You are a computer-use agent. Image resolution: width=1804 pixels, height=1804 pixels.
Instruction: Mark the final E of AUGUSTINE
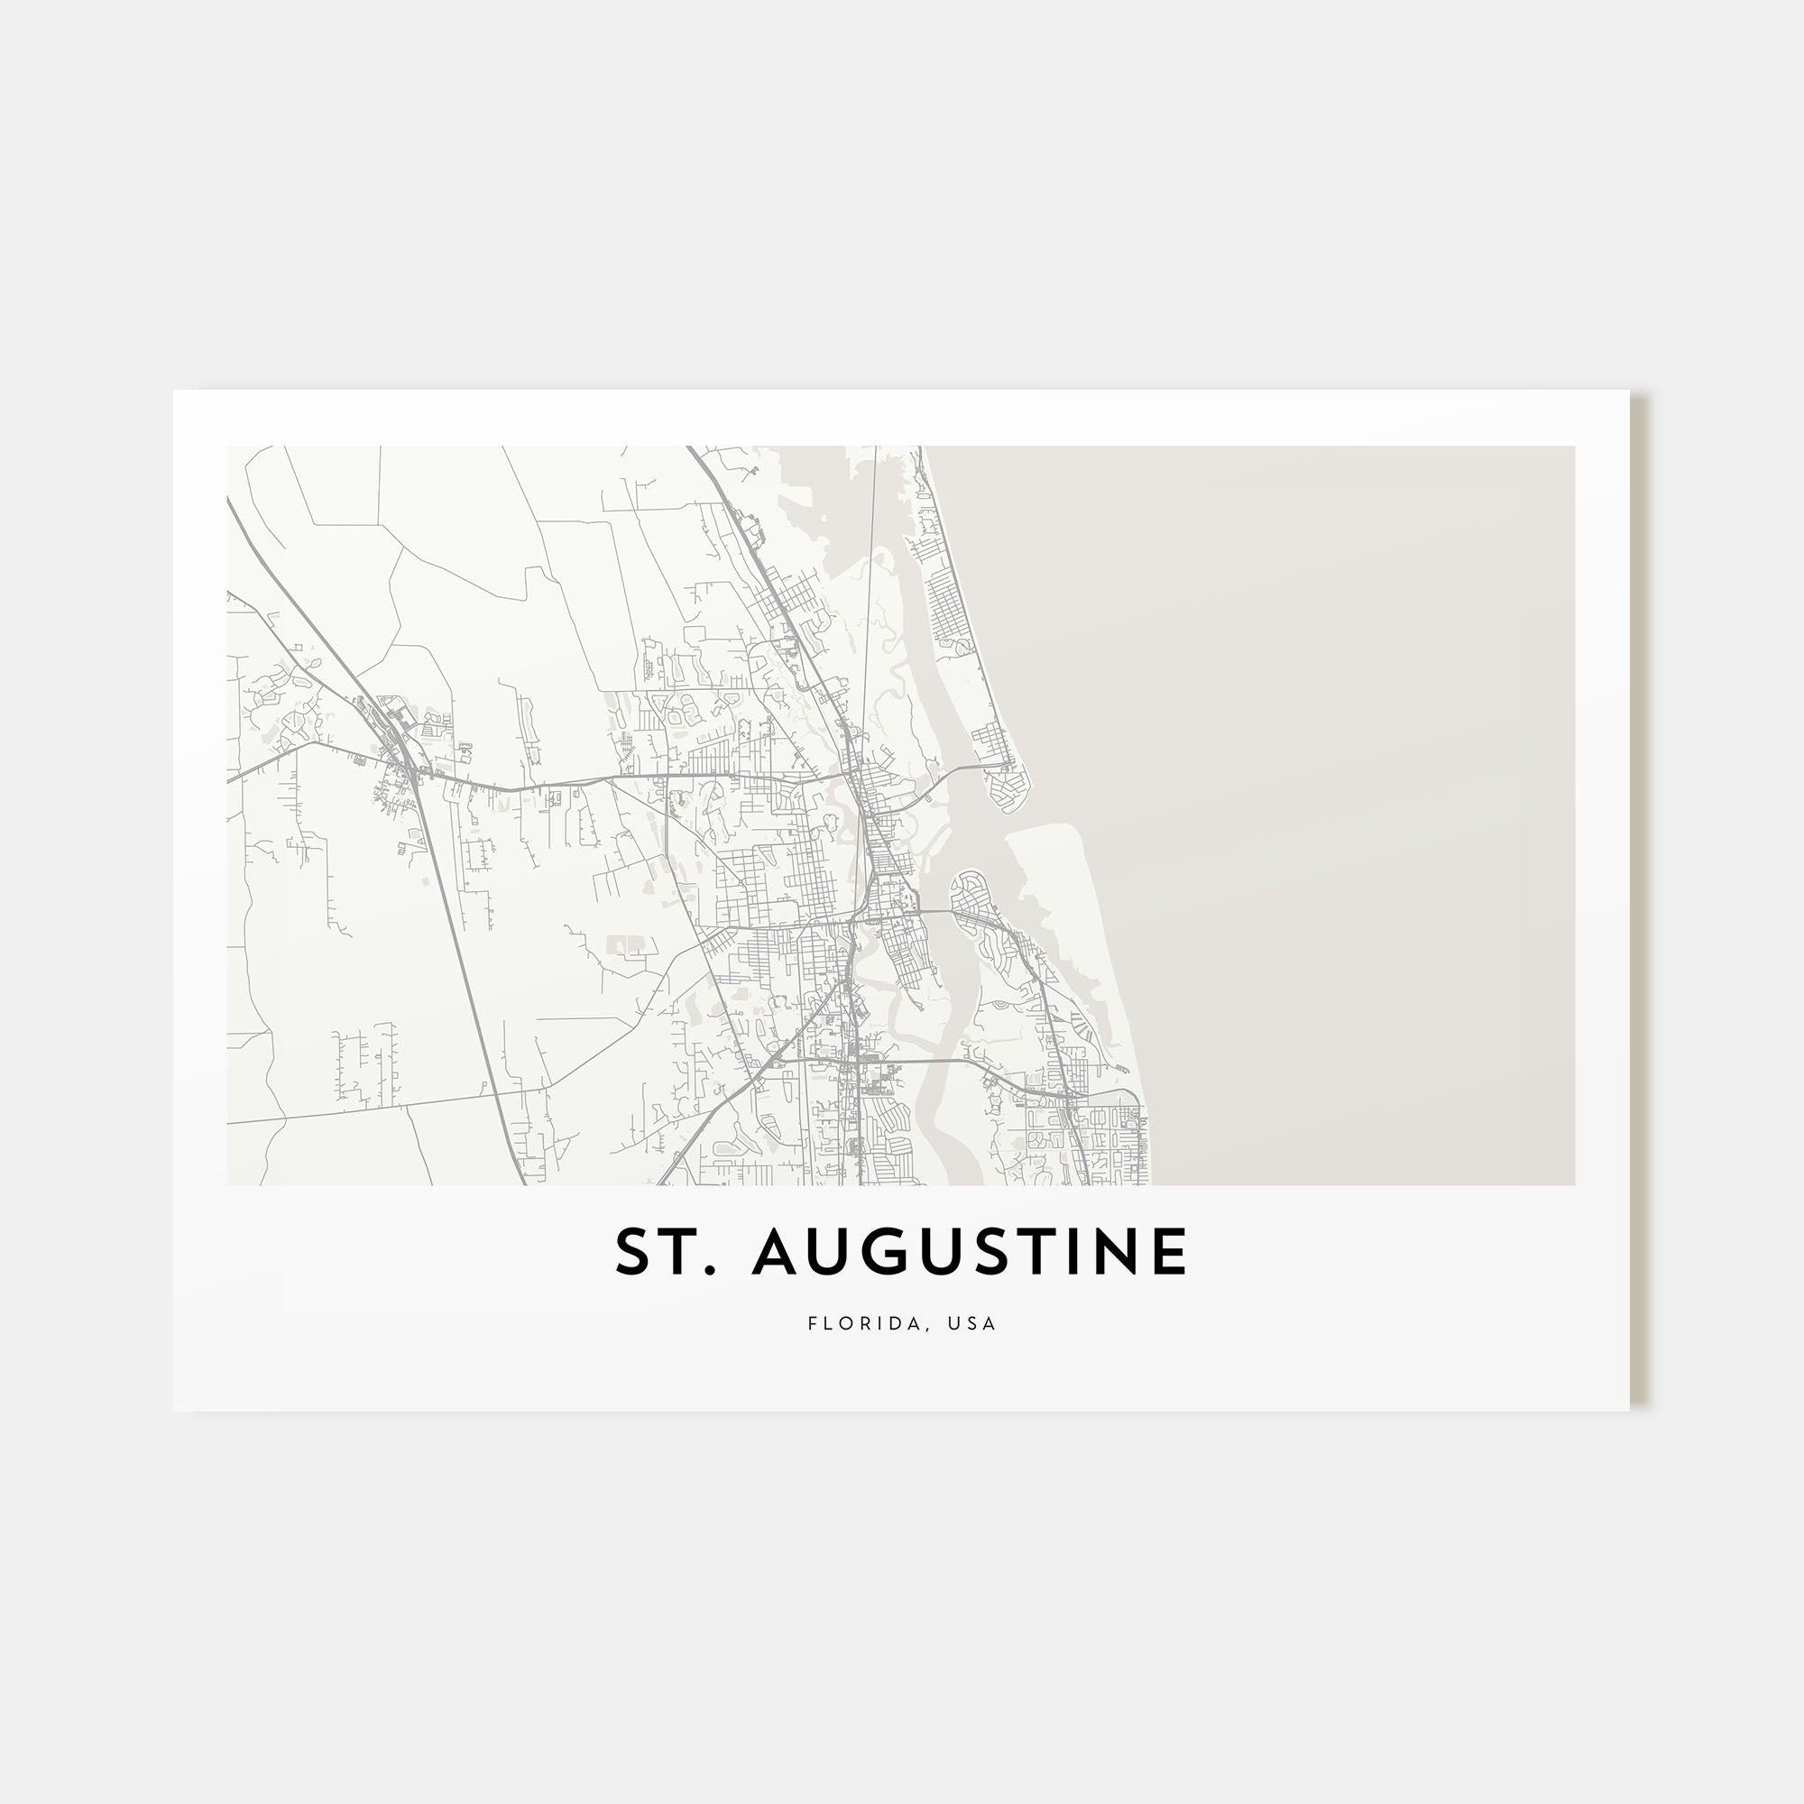tap(1170, 1252)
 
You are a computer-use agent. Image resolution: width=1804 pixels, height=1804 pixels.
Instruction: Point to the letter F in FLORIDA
tap(813, 1323)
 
